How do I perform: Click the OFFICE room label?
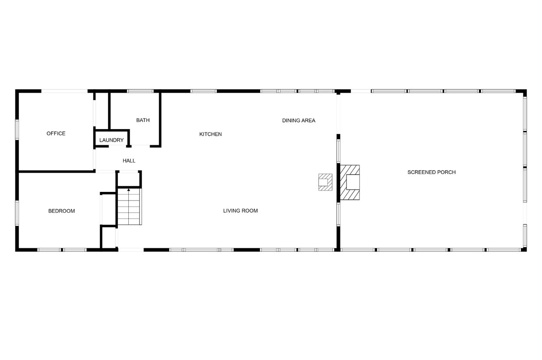pyautogui.click(x=56, y=133)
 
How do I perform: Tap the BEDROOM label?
pyautogui.click(x=62, y=211)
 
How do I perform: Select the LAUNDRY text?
pyautogui.click(x=111, y=140)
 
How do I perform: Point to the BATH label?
pyautogui.click(x=143, y=120)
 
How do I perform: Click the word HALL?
pyautogui.click(x=129, y=161)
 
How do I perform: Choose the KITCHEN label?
pyautogui.click(x=210, y=134)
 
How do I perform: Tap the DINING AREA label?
pyautogui.click(x=299, y=120)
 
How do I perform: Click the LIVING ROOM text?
pyautogui.click(x=240, y=211)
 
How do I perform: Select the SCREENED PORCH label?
pyautogui.click(x=431, y=172)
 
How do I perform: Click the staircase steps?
pyautogui.click(x=129, y=207)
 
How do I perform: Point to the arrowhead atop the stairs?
pyautogui.click(x=128, y=190)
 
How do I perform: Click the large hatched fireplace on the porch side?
pyautogui.click(x=349, y=182)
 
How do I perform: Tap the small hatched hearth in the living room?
pyautogui.click(x=325, y=182)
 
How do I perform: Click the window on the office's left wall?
pyautogui.click(x=17, y=130)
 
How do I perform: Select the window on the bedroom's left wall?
pyautogui.click(x=17, y=213)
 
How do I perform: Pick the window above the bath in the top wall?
pyautogui.click(x=140, y=91)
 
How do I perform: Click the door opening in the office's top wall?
pyautogui.click(x=64, y=91)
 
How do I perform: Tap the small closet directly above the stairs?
pyautogui.click(x=128, y=179)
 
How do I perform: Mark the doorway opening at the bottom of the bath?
pyautogui.click(x=140, y=146)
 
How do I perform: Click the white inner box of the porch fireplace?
pyautogui.click(x=353, y=182)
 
